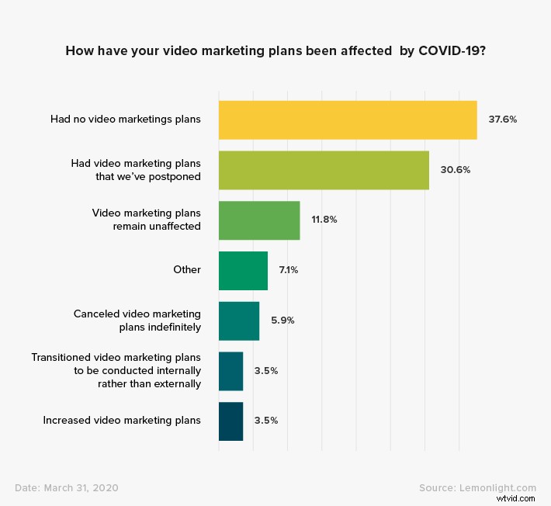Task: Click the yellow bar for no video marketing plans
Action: click(x=348, y=120)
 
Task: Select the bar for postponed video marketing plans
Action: click(x=324, y=170)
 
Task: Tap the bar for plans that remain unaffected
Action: click(x=259, y=220)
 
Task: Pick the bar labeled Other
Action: click(x=243, y=270)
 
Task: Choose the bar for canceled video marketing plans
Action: click(x=239, y=321)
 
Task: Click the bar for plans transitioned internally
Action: click(x=230, y=371)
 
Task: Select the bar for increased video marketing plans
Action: click(x=230, y=421)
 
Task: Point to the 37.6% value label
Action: click(x=502, y=120)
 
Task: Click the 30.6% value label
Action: click(x=455, y=170)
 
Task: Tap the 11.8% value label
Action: click(x=324, y=220)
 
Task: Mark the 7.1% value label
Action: click(x=289, y=270)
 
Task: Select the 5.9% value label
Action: click(x=283, y=321)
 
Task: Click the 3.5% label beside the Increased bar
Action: click(x=266, y=421)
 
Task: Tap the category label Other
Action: click(x=187, y=270)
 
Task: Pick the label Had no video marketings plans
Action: click(x=126, y=120)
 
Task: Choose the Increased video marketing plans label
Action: click(x=122, y=421)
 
